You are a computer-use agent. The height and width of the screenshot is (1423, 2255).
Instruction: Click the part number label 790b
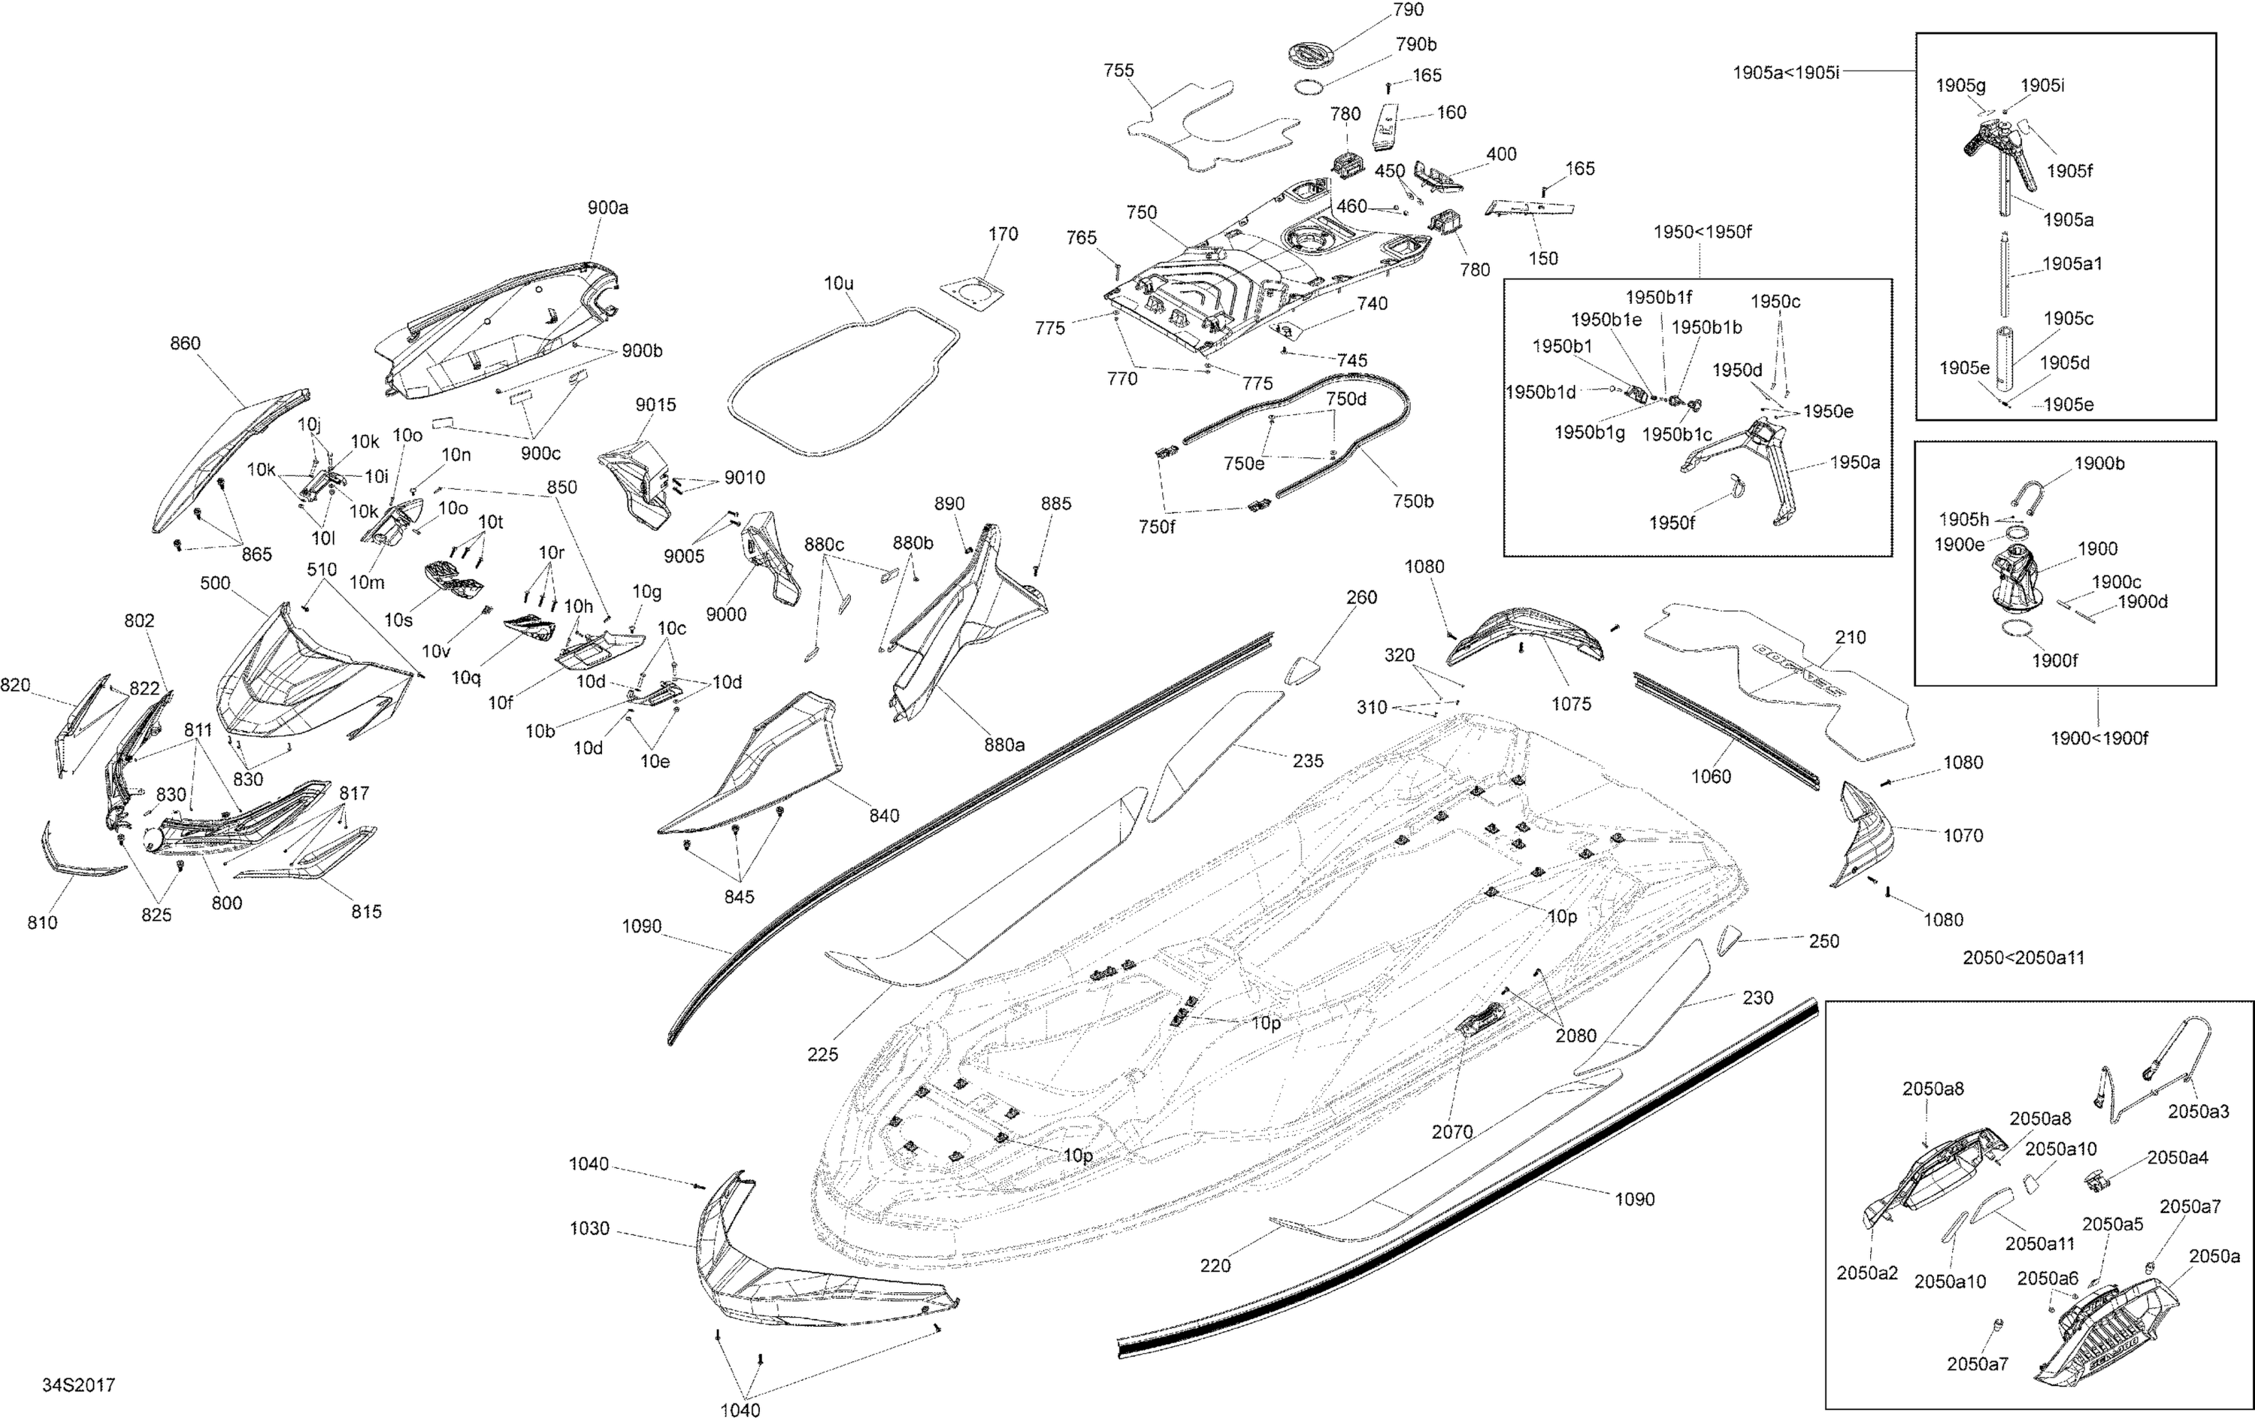[1416, 45]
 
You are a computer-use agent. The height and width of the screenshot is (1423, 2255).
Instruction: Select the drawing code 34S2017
[79, 1385]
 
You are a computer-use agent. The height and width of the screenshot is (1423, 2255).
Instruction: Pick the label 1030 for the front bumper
[589, 1228]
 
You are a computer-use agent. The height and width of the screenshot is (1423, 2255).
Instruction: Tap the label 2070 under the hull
[1452, 1132]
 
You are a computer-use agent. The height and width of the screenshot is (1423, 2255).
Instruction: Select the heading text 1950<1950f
[1703, 232]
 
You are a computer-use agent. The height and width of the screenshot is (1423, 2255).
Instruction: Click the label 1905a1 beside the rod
[2072, 264]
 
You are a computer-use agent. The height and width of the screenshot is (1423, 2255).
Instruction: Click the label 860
[186, 344]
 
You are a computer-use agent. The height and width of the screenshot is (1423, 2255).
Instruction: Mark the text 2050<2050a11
[2023, 957]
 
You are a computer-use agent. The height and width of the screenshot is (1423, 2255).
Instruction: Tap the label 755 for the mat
[1119, 70]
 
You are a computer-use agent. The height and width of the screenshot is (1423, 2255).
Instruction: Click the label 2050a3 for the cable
[2198, 1112]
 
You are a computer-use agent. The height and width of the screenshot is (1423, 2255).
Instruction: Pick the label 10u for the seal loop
[838, 283]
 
